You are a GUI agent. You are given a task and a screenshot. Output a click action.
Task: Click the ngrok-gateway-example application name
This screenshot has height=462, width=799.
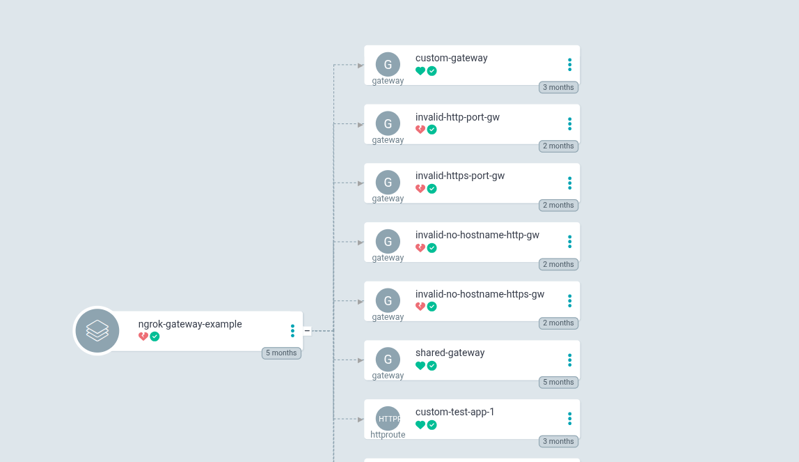tap(190, 324)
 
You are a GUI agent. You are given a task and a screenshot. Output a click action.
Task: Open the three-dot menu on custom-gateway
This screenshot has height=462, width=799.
tap(569, 65)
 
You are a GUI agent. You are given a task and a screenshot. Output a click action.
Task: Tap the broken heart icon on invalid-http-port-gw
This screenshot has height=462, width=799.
tap(420, 130)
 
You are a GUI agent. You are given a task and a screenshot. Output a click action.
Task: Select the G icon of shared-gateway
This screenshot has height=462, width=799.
tap(388, 360)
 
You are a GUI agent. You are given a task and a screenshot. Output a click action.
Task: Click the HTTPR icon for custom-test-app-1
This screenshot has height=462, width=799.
tap(388, 419)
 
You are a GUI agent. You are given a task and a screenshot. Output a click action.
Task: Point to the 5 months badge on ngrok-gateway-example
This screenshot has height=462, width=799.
tap(281, 353)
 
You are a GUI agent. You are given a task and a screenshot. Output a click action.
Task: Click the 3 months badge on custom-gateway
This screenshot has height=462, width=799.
tap(558, 87)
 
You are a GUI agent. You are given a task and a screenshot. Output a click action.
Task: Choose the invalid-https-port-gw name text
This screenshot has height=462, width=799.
tap(460, 176)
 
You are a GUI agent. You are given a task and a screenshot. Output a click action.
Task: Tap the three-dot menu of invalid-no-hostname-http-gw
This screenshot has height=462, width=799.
tap(569, 242)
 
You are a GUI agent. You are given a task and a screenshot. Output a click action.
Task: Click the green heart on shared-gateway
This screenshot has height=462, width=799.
tap(420, 366)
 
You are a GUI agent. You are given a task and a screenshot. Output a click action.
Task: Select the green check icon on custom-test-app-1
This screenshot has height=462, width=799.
tap(432, 425)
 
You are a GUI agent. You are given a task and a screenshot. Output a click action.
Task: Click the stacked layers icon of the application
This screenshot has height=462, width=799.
tap(97, 331)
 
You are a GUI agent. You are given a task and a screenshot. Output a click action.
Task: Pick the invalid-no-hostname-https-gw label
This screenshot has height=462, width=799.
tap(480, 294)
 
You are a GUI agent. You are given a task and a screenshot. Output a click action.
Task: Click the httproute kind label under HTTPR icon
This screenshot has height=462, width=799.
tap(388, 435)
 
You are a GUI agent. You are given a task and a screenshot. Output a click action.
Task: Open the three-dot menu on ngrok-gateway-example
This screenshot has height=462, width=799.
tap(292, 331)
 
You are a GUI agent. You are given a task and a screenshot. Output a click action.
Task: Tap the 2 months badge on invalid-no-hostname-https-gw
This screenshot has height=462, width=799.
tap(558, 323)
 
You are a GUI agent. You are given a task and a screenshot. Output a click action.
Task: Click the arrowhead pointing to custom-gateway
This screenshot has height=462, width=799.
tap(361, 66)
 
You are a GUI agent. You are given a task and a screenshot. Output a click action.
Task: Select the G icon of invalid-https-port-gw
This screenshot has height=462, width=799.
tap(388, 183)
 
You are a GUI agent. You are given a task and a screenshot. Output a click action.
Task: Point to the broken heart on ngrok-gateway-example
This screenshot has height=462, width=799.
tap(143, 337)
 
